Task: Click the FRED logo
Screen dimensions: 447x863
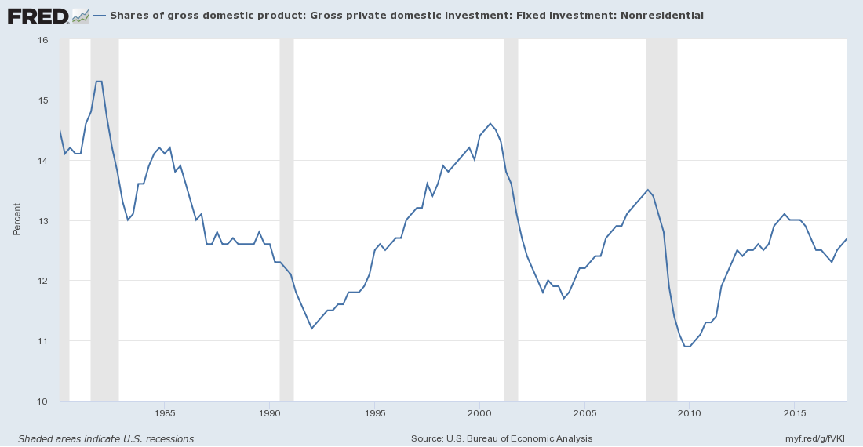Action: [x=39, y=15]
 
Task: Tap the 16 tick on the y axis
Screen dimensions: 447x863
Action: [x=43, y=40]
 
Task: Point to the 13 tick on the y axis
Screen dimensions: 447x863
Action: [x=43, y=221]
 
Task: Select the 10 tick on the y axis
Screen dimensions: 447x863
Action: [x=43, y=402]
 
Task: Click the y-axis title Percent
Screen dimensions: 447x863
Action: [x=16, y=220]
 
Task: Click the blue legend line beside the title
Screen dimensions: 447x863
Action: [x=99, y=15]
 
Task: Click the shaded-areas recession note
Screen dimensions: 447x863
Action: [x=106, y=438]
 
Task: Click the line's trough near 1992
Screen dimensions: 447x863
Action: [x=312, y=329]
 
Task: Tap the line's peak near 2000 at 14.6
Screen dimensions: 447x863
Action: [x=490, y=123]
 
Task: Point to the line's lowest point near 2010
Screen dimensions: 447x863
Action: [x=687, y=347]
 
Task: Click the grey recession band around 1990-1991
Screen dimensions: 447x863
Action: [x=286, y=220]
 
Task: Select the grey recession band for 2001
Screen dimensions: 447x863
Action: [x=511, y=220]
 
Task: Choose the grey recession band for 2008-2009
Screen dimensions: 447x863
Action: [x=661, y=220]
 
